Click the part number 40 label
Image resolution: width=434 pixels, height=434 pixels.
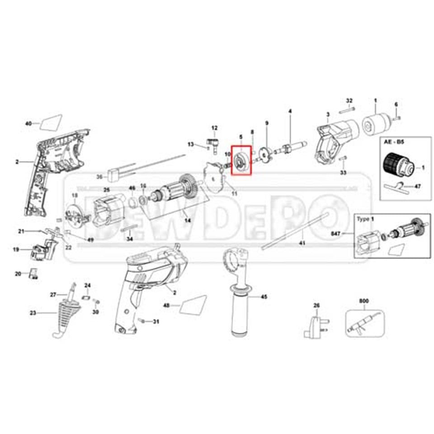tap(28, 123)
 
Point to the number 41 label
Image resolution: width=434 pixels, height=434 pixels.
tap(302, 243)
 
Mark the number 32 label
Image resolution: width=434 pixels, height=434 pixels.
tap(349, 100)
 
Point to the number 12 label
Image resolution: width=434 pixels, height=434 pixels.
tap(214, 128)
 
